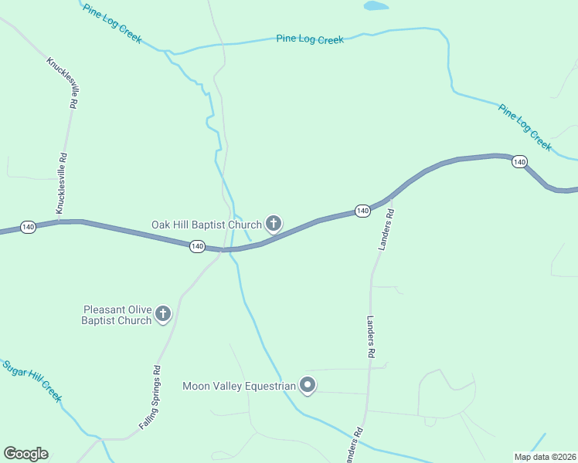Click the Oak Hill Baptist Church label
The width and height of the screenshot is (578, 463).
(x=206, y=225)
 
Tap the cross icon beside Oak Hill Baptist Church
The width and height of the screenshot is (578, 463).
(x=273, y=225)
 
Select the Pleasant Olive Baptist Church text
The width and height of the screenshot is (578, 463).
(x=117, y=315)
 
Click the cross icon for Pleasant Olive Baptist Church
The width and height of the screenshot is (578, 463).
(x=163, y=314)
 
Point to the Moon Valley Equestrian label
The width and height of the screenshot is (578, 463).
(x=240, y=386)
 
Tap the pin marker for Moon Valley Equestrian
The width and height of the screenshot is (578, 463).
(x=308, y=385)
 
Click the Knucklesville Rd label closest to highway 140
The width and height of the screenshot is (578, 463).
(x=60, y=183)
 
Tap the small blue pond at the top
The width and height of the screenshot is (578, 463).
(x=376, y=5)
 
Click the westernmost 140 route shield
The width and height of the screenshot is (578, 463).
(x=29, y=227)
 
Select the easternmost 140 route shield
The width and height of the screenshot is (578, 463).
(x=519, y=162)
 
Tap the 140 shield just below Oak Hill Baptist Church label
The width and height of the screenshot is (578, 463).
(x=197, y=246)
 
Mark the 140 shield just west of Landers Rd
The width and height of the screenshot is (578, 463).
(x=362, y=211)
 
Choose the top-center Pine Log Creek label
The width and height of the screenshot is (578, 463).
(x=310, y=39)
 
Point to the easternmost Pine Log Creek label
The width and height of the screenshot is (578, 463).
(x=525, y=127)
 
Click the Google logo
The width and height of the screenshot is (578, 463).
(x=25, y=454)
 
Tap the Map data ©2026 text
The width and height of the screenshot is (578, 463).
(x=545, y=456)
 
